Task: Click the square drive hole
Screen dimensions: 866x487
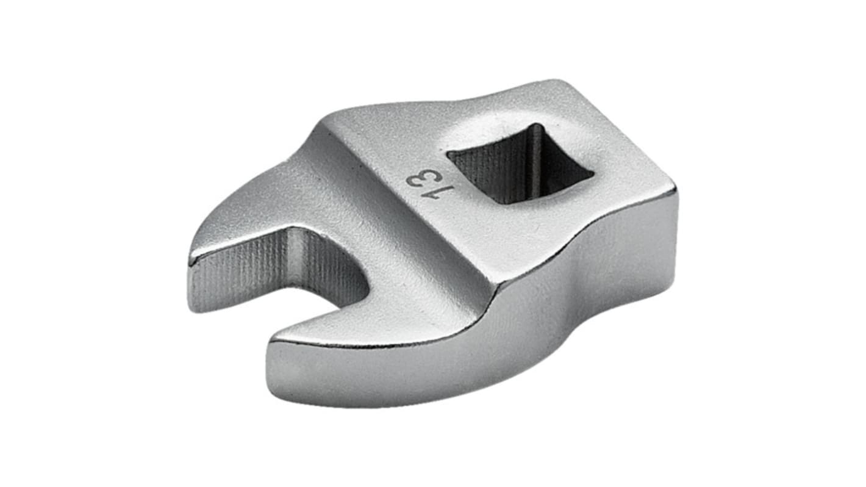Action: (520, 164)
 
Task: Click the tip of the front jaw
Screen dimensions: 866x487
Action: (271, 343)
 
